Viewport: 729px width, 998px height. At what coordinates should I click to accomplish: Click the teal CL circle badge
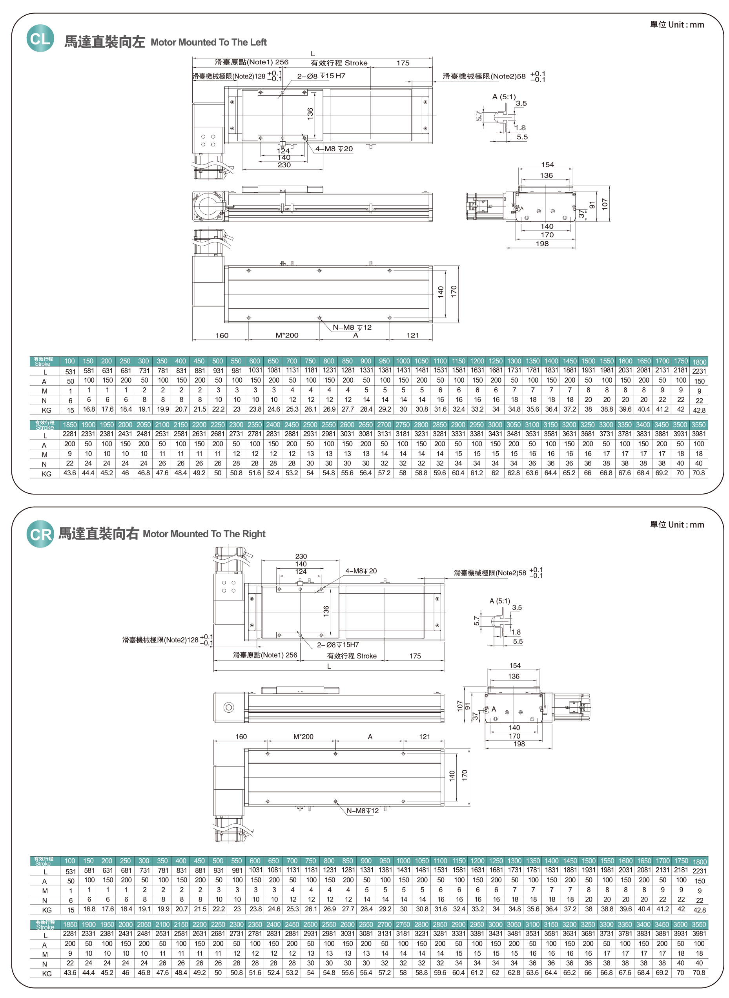coord(40,38)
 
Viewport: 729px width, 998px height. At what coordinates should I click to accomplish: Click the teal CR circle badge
coord(40,534)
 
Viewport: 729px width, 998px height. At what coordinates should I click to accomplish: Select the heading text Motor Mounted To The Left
coord(208,42)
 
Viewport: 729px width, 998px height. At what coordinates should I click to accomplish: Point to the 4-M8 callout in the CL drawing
coord(334,149)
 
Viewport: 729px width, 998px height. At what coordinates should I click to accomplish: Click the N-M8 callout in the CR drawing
coord(362,811)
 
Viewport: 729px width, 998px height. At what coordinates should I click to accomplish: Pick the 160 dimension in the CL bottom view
coord(222,336)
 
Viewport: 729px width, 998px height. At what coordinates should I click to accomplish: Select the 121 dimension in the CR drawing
coord(424,737)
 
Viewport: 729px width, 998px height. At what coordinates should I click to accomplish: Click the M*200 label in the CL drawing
coord(287,336)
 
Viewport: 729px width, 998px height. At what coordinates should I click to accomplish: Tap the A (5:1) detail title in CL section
coord(503,97)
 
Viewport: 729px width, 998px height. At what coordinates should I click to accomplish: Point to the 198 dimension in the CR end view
coord(519,744)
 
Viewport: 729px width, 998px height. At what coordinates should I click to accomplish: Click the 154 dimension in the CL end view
coord(547,165)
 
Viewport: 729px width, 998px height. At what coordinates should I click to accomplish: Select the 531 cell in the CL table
coord(70,372)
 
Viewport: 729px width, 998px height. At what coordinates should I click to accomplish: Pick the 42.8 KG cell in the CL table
coord(699,410)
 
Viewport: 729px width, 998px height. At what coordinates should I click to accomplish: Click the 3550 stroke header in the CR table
coord(698,924)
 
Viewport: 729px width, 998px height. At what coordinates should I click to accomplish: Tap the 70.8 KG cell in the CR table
coord(698,972)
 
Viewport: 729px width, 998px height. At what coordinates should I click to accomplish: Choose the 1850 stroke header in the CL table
coord(70,425)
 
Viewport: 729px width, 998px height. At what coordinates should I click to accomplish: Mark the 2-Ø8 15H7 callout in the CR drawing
coord(338,645)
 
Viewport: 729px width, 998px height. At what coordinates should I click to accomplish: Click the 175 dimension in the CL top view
coord(403,63)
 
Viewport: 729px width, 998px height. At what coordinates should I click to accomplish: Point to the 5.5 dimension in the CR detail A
coord(518,642)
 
